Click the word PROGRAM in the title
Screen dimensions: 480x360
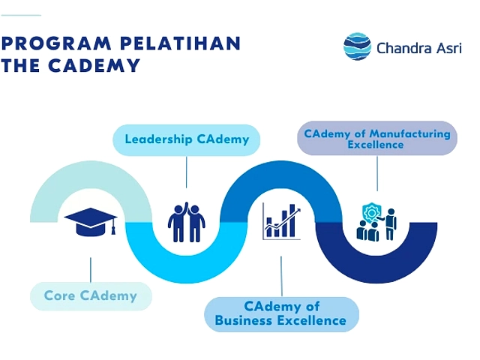click(x=56, y=43)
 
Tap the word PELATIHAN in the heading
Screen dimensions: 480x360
click(x=181, y=43)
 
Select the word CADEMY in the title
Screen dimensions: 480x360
click(x=94, y=65)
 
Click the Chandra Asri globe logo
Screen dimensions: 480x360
click(x=357, y=46)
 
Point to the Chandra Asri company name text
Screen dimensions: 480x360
click(x=419, y=48)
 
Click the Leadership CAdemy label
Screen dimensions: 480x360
click(x=187, y=140)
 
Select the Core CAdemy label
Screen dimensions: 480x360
click(x=91, y=296)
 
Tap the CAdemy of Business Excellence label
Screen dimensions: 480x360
click(x=281, y=313)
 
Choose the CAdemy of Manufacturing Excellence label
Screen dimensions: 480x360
click(x=377, y=138)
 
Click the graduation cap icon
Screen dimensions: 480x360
click(x=91, y=222)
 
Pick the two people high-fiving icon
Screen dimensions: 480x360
click(x=187, y=222)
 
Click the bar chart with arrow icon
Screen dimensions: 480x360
click(x=282, y=221)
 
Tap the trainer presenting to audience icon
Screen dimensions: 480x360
click(x=376, y=222)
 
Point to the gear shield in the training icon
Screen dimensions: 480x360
click(x=371, y=212)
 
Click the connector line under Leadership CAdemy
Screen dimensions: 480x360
click(x=187, y=172)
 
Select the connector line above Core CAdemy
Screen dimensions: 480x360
click(x=91, y=270)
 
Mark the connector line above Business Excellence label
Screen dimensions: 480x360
click(x=281, y=277)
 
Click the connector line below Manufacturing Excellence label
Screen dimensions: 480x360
click(x=377, y=173)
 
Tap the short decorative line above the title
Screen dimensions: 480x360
click(x=21, y=15)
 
